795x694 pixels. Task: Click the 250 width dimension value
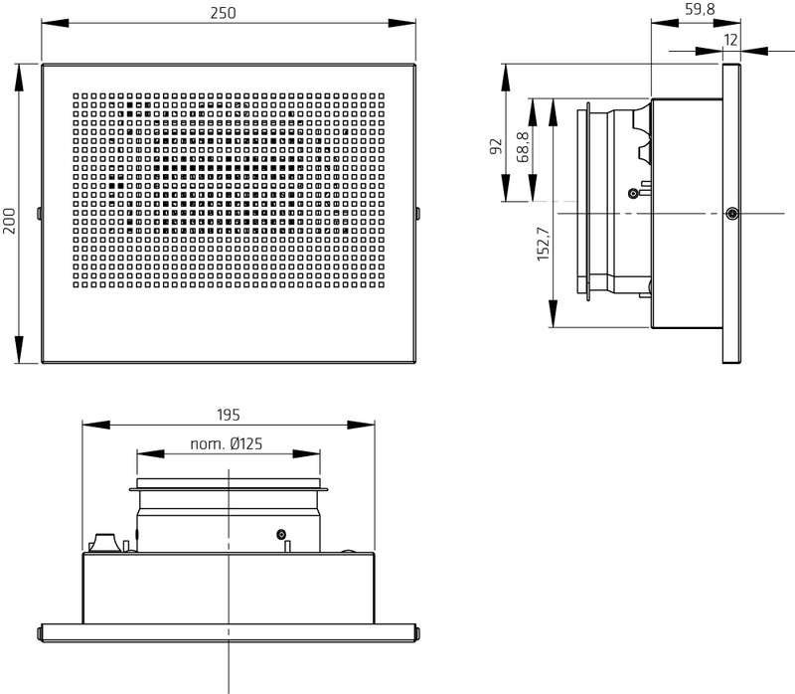coord(223,13)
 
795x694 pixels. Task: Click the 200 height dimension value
coord(10,221)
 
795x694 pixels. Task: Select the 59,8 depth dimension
coord(700,9)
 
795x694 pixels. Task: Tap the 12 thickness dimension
coord(730,40)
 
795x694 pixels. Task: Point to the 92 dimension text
coord(495,146)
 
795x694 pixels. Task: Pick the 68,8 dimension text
coord(523,147)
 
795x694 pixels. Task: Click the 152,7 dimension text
coord(543,244)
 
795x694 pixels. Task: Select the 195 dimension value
coord(229,415)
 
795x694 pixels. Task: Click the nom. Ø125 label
coord(227,443)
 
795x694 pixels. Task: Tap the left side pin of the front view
coord(39,214)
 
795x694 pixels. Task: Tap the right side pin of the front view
coord(417,214)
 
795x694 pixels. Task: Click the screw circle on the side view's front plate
coord(731,214)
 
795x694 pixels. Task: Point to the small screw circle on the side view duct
coord(633,193)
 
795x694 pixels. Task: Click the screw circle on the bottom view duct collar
coord(281,534)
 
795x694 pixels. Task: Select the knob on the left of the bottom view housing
coord(104,543)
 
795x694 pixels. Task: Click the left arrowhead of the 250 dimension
coord(55,23)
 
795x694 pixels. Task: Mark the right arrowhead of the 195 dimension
coord(361,425)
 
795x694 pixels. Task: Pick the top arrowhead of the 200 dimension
coord(19,78)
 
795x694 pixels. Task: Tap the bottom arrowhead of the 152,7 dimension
coord(553,314)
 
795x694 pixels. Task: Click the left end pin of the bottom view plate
coord(40,633)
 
